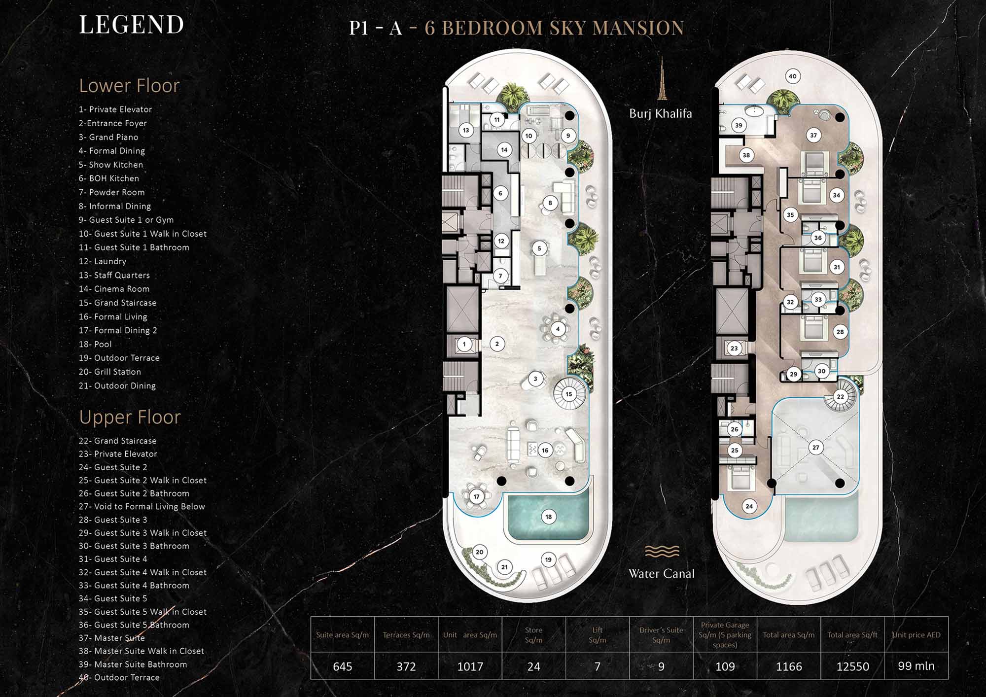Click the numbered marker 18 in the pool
549,517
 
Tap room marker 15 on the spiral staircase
569,394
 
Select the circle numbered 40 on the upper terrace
792,76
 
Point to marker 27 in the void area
816,448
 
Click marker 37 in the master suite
813,135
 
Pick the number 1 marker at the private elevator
464,344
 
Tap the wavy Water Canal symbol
662,551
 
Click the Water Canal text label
662,574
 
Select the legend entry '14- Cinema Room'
114,289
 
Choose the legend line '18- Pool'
95,344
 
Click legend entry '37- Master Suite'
111,638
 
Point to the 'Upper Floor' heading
130,418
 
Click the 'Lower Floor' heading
129,86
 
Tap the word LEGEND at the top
131,25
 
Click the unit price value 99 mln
916,666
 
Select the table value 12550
852,666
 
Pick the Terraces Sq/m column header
406,635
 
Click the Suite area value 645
343,666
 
